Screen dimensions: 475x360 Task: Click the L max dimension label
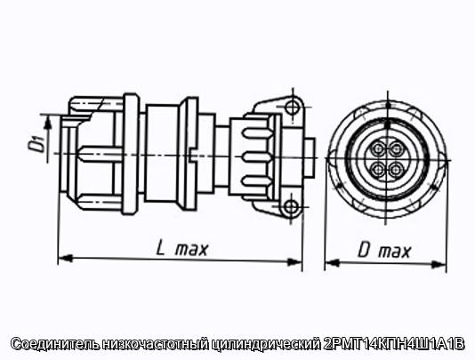click(182, 249)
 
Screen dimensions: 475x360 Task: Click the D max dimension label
click(384, 251)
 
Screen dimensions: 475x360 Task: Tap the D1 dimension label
click(36, 143)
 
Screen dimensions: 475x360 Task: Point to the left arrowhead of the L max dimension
click(65, 258)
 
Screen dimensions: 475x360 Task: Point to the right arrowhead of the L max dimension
click(294, 261)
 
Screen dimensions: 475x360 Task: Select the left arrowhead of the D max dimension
click(332, 262)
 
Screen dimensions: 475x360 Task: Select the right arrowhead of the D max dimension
click(439, 264)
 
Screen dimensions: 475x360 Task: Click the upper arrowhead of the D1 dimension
click(47, 123)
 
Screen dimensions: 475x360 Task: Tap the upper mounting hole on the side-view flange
click(293, 107)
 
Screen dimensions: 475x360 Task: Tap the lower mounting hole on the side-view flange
click(292, 207)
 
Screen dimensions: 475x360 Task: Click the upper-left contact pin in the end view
click(378, 148)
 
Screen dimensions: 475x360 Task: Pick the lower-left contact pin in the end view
click(378, 169)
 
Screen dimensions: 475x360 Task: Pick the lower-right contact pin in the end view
click(395, 170)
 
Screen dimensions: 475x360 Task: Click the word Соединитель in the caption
click(55, 344)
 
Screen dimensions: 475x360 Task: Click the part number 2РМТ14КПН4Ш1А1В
click(393, 344)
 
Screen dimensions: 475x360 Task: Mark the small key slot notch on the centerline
click(192, 155)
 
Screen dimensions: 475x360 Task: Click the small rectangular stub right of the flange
click(310, 157)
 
